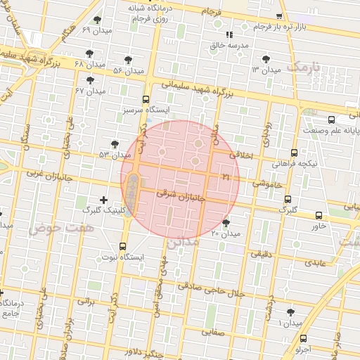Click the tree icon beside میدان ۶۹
click(x=96, y=20)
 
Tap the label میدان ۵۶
click(x=128, y=70)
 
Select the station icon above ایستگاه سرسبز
click(x=146, y=99)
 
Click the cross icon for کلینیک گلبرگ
click(x=105, y=200)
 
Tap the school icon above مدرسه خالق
click(x=228, y=34)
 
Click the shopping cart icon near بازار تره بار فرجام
click(x=280, y=16)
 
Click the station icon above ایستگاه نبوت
click(x=123, y=246)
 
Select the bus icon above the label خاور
click(x=319, y=216)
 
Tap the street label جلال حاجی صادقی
click(x=211, y=290)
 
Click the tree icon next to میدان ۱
click(x=290, y=312)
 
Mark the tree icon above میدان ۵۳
click(x=115, y=143)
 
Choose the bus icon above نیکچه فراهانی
click(x=294, y=152)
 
